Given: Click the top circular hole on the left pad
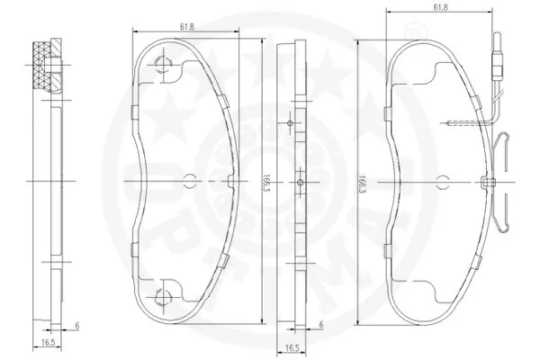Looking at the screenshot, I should click(163, 64).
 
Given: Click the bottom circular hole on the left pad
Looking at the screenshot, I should click(163, 299).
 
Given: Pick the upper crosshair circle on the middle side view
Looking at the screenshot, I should click(290, 121).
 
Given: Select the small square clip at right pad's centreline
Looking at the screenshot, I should click(489, 184).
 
